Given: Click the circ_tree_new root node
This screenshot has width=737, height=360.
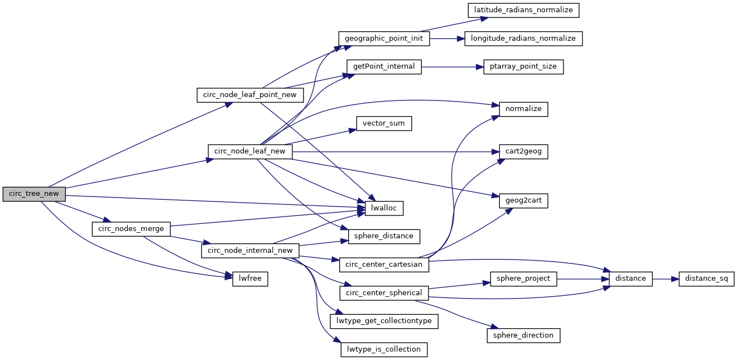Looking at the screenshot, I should coord(34,194).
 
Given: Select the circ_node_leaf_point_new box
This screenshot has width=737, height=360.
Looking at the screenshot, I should coord(249,95).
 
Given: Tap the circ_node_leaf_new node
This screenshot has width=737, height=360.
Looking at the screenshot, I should coord(250,151).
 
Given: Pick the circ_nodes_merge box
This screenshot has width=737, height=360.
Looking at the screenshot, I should coord(131,229).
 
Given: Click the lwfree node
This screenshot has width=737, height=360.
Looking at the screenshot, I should coord(250,279).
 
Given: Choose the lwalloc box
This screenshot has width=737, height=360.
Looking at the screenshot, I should coord(384,208).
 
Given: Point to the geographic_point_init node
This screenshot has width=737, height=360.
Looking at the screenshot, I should coord(384,39).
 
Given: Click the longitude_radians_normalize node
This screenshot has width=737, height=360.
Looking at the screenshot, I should coord(523,39).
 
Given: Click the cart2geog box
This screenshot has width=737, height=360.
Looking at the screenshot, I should coord(523,151).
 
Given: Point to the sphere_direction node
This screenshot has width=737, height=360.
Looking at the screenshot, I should coord(523,335).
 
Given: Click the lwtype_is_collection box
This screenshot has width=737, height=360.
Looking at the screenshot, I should coord(384,349).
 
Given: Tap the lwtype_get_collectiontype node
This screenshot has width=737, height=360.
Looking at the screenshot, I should coord(384,321).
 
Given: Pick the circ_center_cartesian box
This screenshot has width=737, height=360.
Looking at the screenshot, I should coord(384,264).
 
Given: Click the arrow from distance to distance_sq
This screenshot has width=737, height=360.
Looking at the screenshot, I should coord(665,279).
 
